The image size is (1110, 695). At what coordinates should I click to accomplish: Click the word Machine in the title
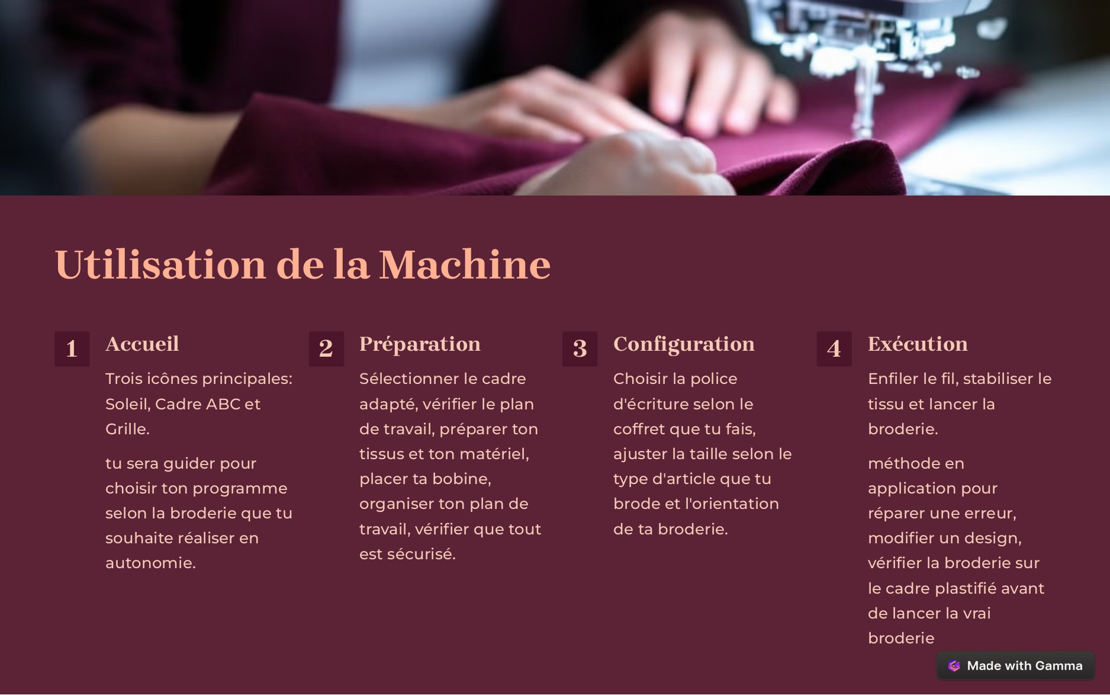coord(465,264)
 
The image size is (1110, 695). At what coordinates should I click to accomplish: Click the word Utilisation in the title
coord(160,264)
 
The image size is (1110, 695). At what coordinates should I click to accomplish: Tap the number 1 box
coord(72,348)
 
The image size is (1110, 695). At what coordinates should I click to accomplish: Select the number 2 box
coord(326,348)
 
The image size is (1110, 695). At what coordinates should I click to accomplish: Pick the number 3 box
coord(580,348)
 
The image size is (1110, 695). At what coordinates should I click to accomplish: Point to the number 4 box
coord(834,348)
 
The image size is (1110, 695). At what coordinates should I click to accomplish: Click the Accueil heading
coord(142,344)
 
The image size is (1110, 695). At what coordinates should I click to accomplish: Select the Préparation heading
coord(420,344)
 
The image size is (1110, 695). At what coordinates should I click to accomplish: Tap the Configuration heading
coord(684,344)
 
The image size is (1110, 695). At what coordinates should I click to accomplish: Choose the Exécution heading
coord(918,344)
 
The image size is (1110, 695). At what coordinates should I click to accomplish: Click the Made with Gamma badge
coord(1015,666)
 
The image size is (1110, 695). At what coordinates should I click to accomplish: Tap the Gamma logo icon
coord(954,666)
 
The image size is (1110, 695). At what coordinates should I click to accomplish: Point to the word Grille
coord(127,429)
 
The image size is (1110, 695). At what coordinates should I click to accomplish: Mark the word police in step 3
coord(714,379)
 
